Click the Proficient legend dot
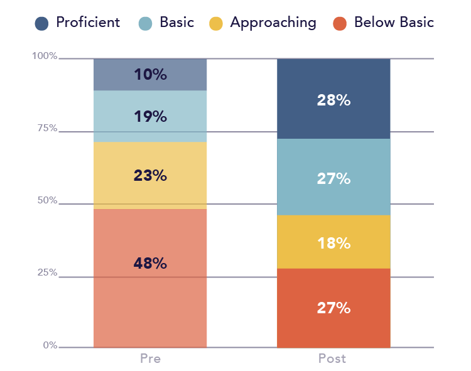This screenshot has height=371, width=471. [x=41, y=24]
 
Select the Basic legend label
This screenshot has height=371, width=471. [x=176, y=22]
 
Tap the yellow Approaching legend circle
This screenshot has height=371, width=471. [x=215, y=24]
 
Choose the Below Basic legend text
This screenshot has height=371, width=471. [x=394, y=22]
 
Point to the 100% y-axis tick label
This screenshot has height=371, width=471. [x=45, y=56]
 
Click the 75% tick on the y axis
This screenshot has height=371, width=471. [x=47, y=128]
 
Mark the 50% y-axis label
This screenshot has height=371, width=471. [x=47, y=200]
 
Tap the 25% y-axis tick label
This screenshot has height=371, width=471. [x=47, y=272]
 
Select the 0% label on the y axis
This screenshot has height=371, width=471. [x=50, y=345]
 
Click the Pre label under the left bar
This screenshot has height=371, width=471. [x=150, y=358]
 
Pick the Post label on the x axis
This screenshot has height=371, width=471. [x=332, y=358]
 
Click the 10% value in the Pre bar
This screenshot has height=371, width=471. [x=150, y=75]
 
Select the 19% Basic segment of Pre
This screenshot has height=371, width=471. [x=150, y=116]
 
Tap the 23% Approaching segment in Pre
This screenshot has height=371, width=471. [x=150, y=176]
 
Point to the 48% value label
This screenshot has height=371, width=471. [x=150, y=263]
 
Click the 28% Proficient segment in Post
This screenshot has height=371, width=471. [x=333, y=99]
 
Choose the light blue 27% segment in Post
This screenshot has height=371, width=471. [x=333, y=177]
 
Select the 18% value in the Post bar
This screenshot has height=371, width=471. [x=333, y=243]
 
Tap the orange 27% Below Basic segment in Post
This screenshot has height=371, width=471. [x=333, y=308]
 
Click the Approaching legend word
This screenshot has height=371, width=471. [x=273, y=23]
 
